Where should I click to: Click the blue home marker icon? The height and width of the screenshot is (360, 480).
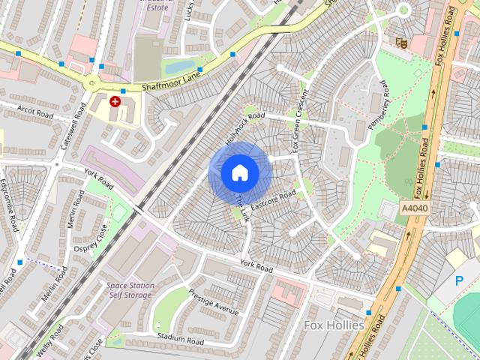pos(239,172)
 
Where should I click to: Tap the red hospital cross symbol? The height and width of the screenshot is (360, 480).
pos(115,100)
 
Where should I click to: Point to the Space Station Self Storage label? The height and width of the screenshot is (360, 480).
pos(130,290)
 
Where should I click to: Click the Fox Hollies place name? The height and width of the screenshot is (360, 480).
pos(334,325)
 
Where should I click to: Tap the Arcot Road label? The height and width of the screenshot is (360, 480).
pos(37,114)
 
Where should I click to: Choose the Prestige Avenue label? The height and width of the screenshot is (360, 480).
pos(214,301)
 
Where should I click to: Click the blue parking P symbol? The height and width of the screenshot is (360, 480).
pos(459,280)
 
